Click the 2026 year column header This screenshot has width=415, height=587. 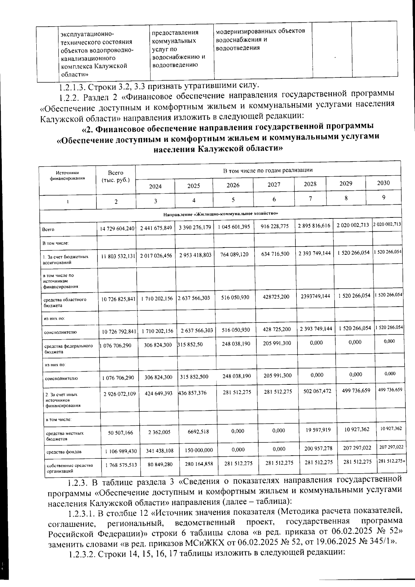click(x=233, y=185)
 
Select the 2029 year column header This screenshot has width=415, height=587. click(x=345, y=184)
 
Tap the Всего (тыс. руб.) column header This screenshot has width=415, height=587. click(x=116, y=176)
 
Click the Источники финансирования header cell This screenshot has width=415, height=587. click(x=67, y=176)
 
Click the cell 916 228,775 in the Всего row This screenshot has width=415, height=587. click(x=274, y=226)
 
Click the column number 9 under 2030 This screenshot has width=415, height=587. click(x=384, y=197)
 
